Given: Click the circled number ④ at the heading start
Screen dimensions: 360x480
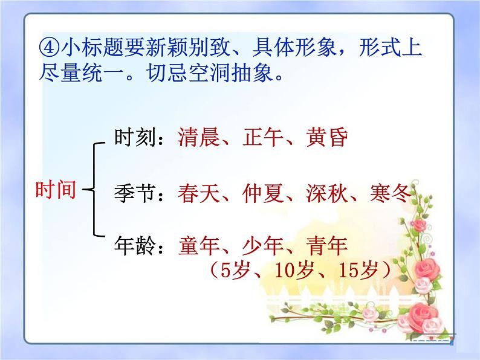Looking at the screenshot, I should pyautogui.click(x=47, y=47).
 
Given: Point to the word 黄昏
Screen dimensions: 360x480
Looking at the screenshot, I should pyautogui.click(x=326, y=138).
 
